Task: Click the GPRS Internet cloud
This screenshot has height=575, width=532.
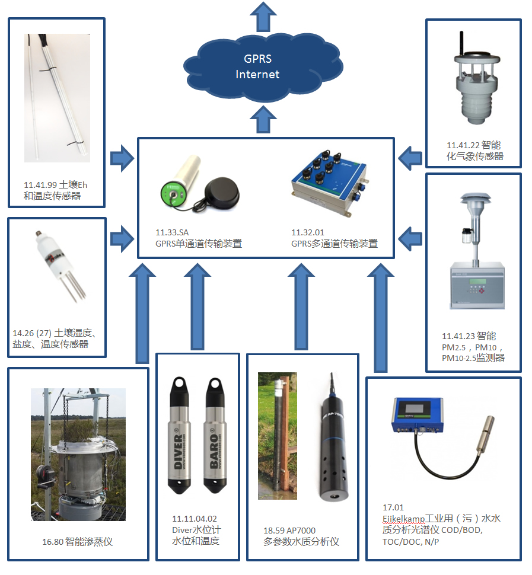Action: click(x=263, y=68)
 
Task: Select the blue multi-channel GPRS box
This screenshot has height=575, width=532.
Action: click(x=330, y=182)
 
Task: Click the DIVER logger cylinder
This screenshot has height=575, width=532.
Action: click(x=179, y=435)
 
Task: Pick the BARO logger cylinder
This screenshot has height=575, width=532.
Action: click(x=215, y=435)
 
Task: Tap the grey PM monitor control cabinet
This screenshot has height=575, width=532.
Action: click(x=477, y=285)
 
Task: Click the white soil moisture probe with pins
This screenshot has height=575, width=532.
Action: click(x=61, y=264)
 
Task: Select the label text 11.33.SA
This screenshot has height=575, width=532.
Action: click(x=172, y=232)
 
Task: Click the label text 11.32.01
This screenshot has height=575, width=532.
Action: click(x=308, y=232)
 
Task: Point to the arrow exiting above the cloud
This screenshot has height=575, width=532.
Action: click(x=263, y=17)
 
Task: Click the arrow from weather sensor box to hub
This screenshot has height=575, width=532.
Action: click(x=410, y=158)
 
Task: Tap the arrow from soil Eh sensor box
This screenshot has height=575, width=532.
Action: click(x=122, y=158)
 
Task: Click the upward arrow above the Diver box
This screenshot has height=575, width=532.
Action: click(x=197, y=306)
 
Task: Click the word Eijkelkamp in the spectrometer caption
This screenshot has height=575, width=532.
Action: click(x=403, y=519)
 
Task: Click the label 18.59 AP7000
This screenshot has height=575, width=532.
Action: click(x=289, y=531)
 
